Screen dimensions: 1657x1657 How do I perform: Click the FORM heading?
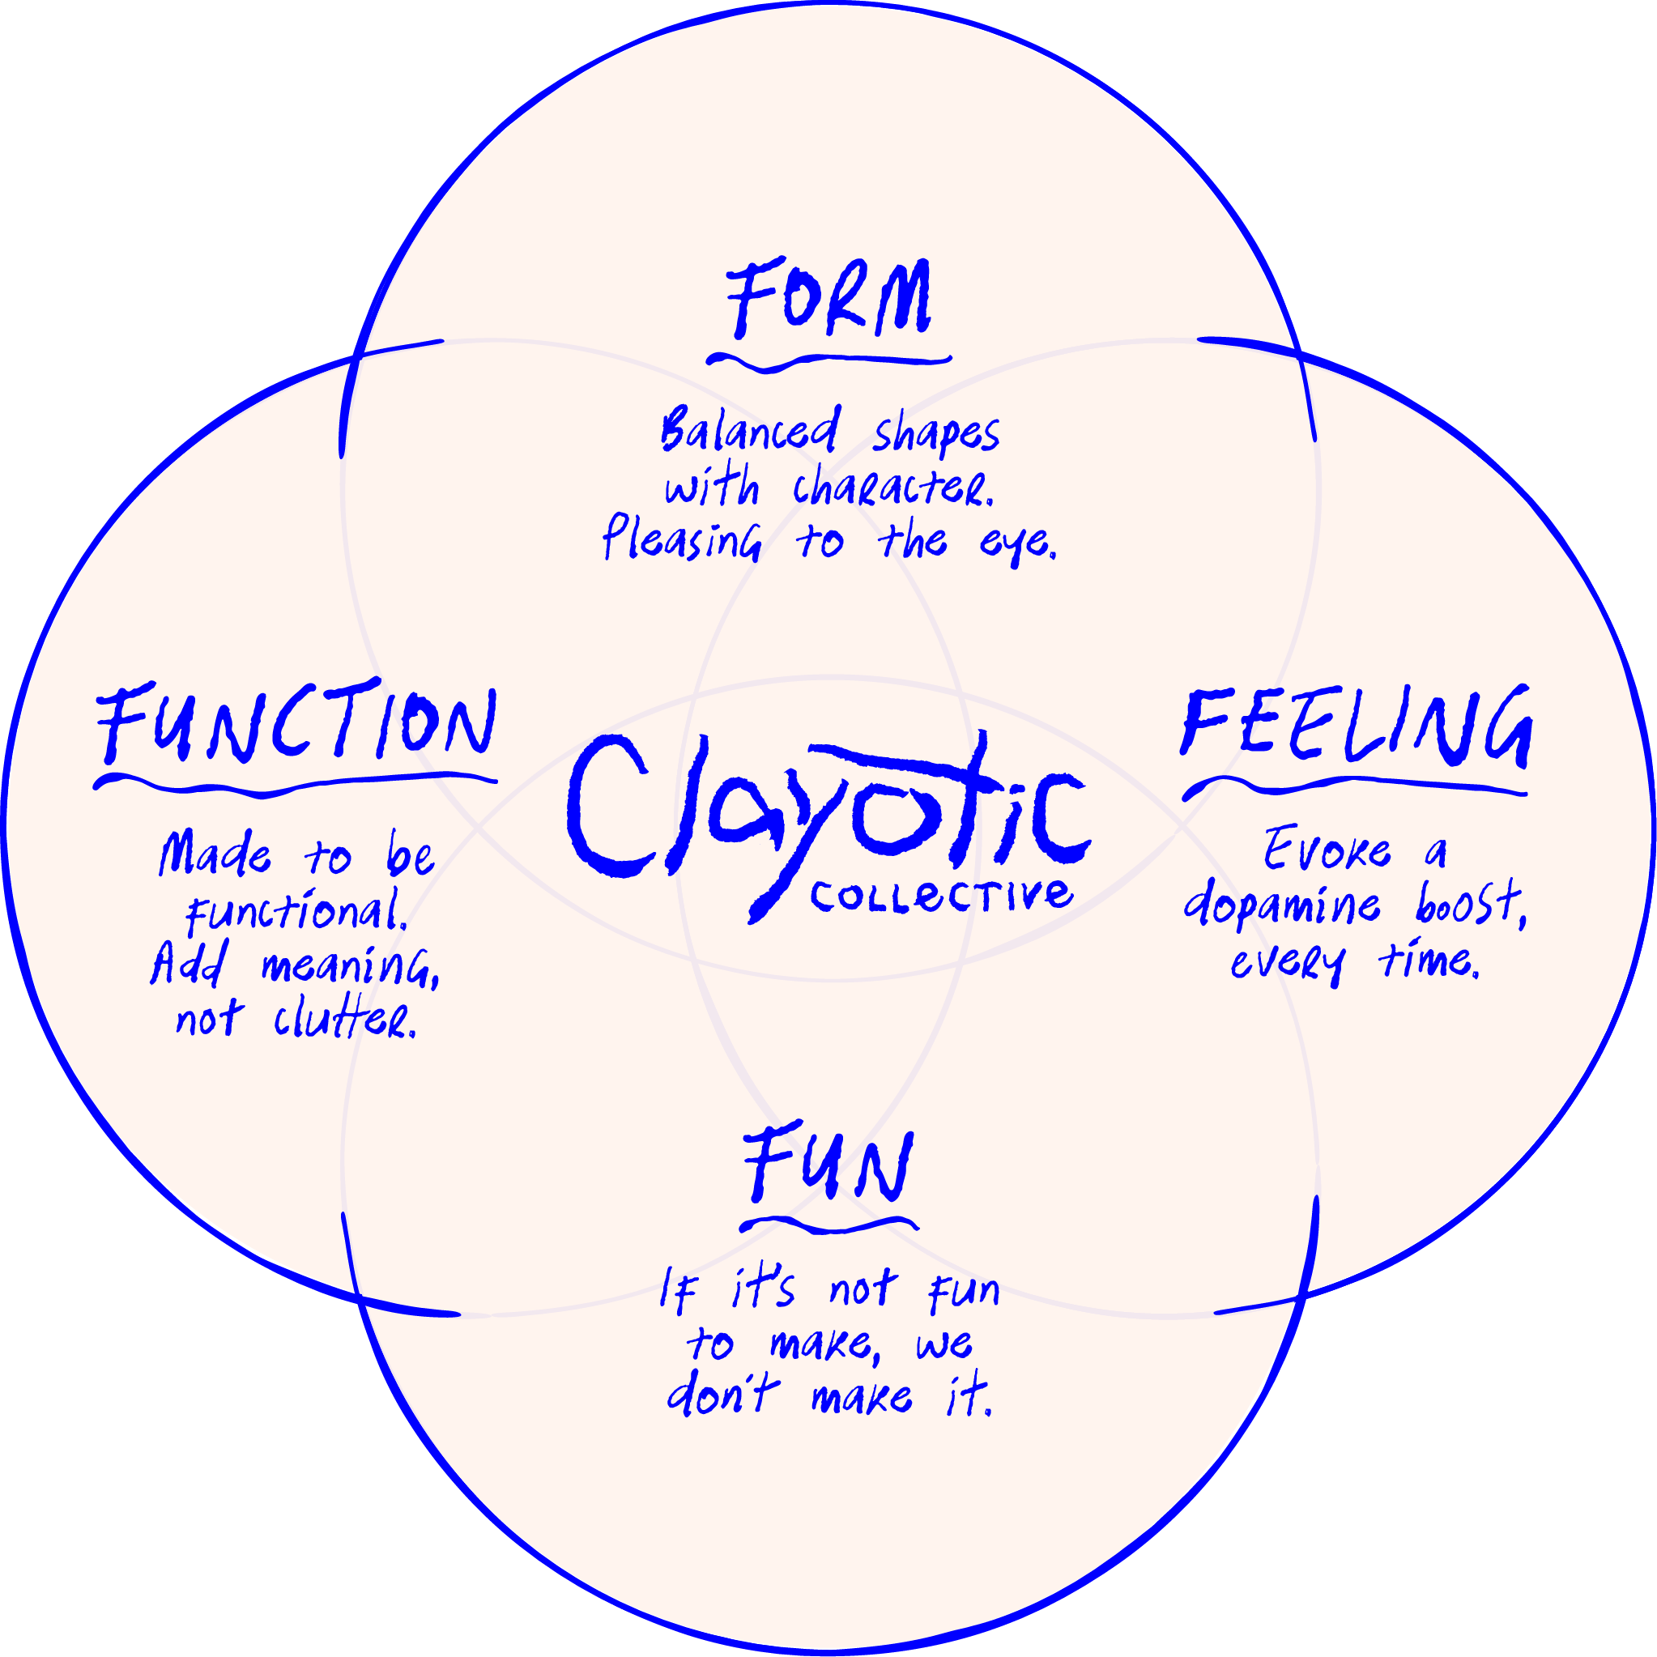tap(828, 299)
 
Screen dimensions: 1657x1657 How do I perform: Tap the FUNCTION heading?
tap(296, 723)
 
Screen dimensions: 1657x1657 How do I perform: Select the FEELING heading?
tap(1356, 726)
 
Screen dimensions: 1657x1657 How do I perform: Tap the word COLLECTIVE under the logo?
tap(941, 897)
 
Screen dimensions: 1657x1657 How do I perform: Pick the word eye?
tap(1017, 543)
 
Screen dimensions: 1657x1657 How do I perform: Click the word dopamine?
tap(1281, 905)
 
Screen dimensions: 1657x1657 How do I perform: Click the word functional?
tap(296, 911)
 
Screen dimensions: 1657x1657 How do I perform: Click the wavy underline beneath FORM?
tap(828, 362)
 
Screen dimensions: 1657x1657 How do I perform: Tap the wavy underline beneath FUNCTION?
tap(295, 784)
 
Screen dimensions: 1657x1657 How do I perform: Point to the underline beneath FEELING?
tap(1355, 785)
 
